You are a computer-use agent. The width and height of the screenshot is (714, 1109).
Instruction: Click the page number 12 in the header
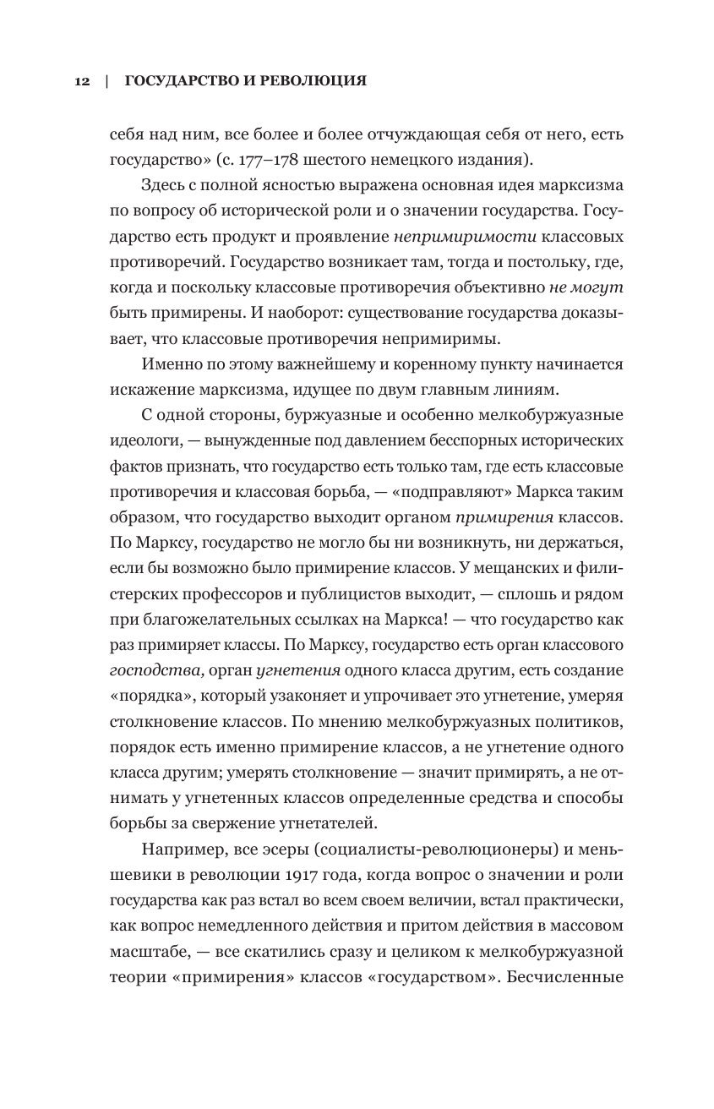(x=81, y=81)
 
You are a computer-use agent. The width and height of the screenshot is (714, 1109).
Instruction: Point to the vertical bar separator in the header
(x=106, y=81)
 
